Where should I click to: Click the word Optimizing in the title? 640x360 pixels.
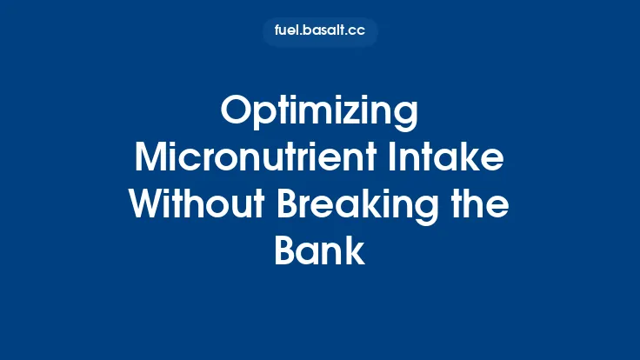point(319,113)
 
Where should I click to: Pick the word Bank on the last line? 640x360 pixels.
point(319,252)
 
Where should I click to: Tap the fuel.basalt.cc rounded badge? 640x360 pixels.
point(319,31)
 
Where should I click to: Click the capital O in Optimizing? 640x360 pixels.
point(237,113)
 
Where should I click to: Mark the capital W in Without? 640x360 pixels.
point(148,206)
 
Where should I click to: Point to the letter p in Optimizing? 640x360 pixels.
point(264,118)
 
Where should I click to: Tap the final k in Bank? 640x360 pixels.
point(357,252)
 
